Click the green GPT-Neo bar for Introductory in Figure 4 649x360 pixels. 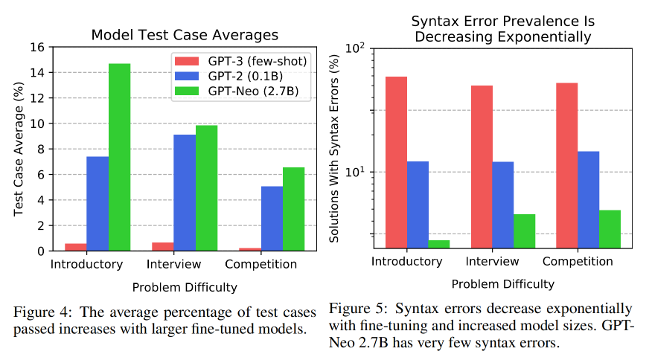tap(119, 157)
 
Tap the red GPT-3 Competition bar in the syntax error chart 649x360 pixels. tap(566, 164)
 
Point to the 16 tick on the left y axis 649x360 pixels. tap(37, 47)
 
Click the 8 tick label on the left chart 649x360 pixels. tap(40, 149)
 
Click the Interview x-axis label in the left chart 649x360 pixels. tap(174, 265)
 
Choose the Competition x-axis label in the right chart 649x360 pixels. tap(578, 261)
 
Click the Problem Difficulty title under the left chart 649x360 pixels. tap(184, 286)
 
